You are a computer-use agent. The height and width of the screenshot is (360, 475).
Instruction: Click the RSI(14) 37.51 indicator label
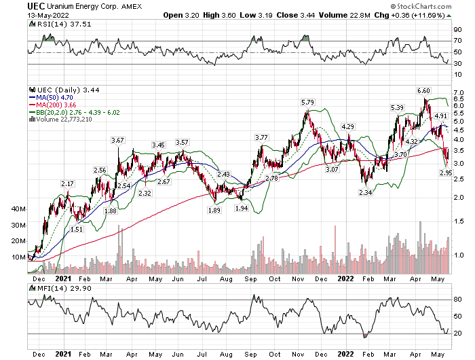pos(51,25)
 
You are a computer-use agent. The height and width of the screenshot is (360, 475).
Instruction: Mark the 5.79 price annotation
pos(308,103)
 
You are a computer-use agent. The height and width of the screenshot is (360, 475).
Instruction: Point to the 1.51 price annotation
pos(77,230)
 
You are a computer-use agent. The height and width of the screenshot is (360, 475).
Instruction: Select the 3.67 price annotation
pos(117,140)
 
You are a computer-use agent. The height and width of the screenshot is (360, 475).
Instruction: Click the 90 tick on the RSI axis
pos(457,31)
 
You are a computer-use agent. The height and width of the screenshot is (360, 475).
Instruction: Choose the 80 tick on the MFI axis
pos(457,300)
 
